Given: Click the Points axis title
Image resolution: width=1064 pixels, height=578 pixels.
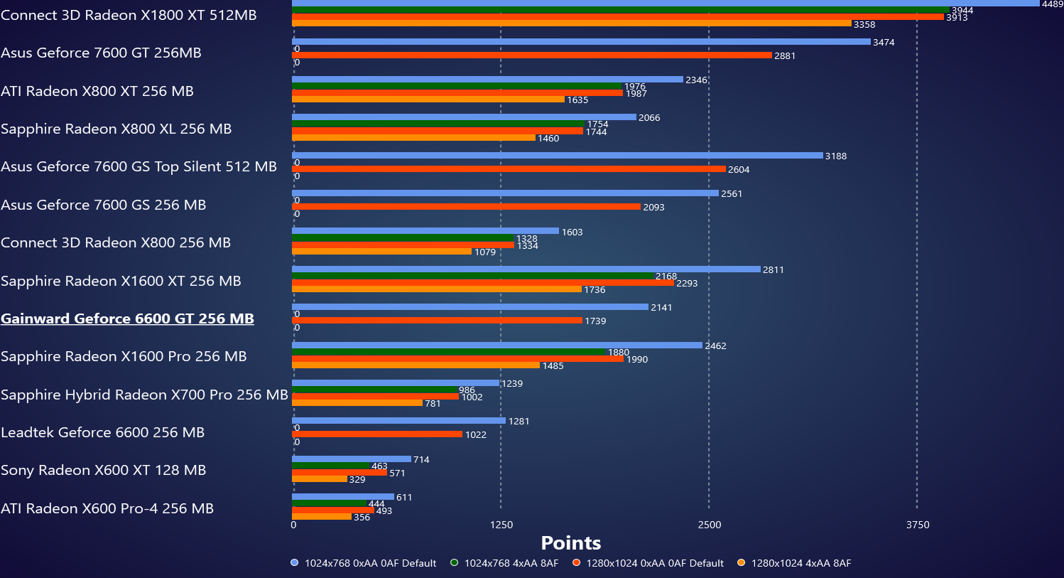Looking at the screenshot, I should [570, 543].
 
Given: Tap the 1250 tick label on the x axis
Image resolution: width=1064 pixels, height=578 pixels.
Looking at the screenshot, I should [501, 525].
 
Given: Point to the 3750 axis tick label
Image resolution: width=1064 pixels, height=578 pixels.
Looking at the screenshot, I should [917, 525].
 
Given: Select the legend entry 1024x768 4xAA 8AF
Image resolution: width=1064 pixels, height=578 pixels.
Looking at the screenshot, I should [511, 563].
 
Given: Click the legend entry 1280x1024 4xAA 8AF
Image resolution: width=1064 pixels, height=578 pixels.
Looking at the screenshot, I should [800, 563].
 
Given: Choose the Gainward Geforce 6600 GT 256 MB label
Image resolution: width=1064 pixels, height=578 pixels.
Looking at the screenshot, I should [127, 319].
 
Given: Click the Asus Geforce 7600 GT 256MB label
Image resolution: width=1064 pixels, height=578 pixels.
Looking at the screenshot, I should [101, 53].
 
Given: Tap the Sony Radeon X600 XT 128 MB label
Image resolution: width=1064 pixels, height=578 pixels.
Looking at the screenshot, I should [103, 470].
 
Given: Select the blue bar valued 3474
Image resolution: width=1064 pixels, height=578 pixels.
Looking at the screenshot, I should [581, 42].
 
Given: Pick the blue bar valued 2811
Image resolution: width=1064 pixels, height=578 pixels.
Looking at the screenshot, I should [526, 269].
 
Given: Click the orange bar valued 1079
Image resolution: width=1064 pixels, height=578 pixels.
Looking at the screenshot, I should [381, 252].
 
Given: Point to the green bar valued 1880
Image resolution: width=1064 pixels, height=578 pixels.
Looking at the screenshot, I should [448, 352].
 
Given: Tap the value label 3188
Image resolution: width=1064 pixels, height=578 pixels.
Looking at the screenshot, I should [835, 156].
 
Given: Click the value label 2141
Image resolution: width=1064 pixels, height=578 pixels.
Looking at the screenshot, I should [661, 308].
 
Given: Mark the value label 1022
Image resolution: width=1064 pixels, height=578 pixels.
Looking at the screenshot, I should [475, 435].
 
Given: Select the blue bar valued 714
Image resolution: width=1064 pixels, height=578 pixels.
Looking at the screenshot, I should [352, 459].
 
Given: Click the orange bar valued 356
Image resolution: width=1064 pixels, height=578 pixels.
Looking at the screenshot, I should [322, 517].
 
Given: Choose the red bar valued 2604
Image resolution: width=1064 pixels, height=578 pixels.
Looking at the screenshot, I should [509, 169].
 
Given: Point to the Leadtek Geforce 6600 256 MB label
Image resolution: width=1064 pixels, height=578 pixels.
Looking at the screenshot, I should [102, 432].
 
